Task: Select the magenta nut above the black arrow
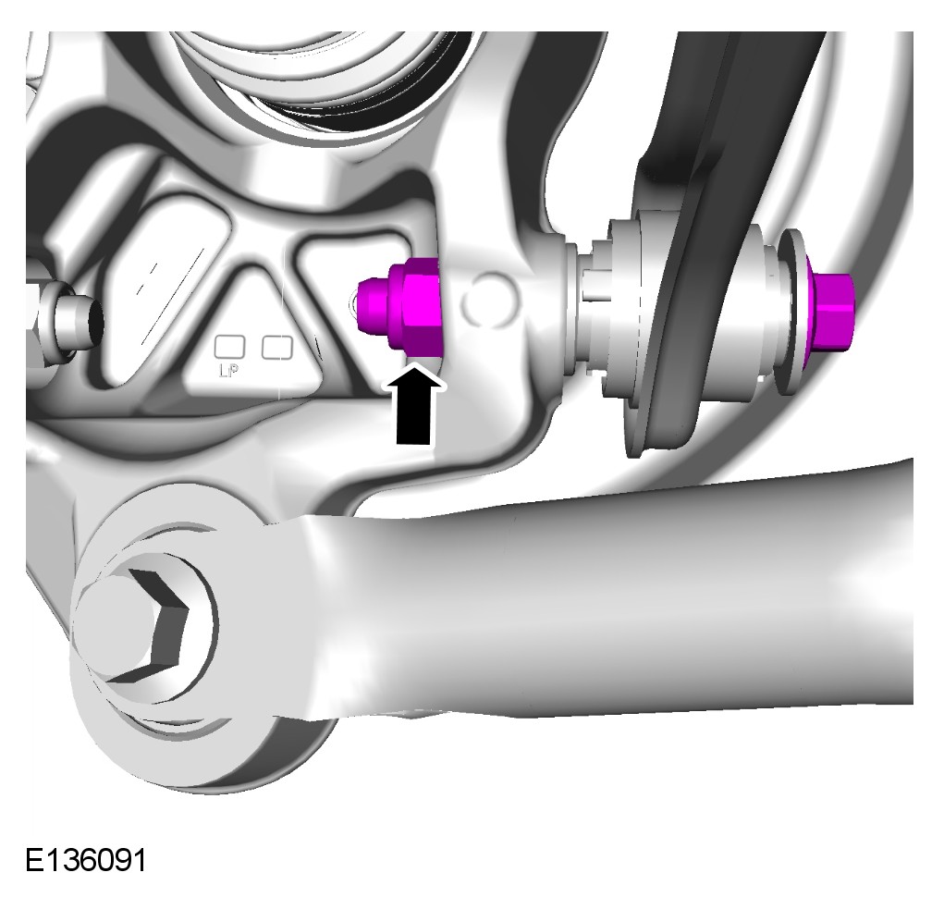415,304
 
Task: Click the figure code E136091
85,860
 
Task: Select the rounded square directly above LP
230,348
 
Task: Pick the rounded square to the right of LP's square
277,348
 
